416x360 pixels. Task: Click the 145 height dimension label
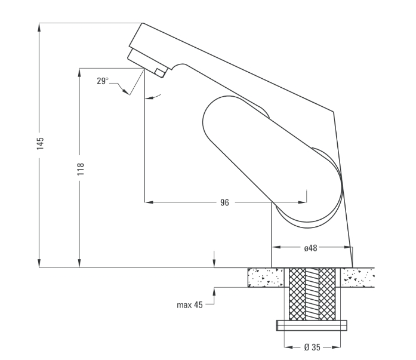[40, 143]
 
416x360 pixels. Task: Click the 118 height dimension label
[81, 169]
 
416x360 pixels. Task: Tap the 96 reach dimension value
[224, 202]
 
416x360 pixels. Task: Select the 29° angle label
[103, 81]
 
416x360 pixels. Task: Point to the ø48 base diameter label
[310, 248]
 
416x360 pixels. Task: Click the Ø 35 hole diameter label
[312, 347]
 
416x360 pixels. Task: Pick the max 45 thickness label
[190, 305]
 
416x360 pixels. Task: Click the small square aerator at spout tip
[160, 72]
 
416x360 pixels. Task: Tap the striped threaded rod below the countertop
[312, 293]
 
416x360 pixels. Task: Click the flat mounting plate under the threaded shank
[312, 325]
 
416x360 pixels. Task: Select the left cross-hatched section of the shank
[297, 294]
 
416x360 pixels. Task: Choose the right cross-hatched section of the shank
[327, 294]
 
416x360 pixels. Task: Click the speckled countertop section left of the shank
[266, 278]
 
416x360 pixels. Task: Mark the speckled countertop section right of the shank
[358, 278]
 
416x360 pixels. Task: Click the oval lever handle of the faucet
[272, 159]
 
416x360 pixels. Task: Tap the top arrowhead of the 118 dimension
[79, 72]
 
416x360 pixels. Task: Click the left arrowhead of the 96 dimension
[149, 202]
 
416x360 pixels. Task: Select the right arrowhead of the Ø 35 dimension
[336, 347]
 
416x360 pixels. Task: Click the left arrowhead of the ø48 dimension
[276, 247]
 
